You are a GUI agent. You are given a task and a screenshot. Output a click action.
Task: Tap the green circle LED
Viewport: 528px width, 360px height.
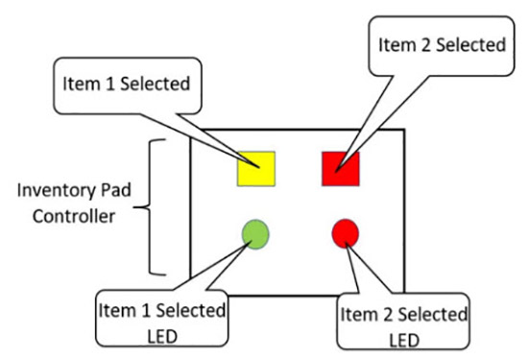coord(255,233)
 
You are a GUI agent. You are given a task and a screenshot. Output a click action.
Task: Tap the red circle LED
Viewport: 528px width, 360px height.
coord(345,232)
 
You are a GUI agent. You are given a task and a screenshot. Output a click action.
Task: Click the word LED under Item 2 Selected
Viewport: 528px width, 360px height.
coord(404,339)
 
